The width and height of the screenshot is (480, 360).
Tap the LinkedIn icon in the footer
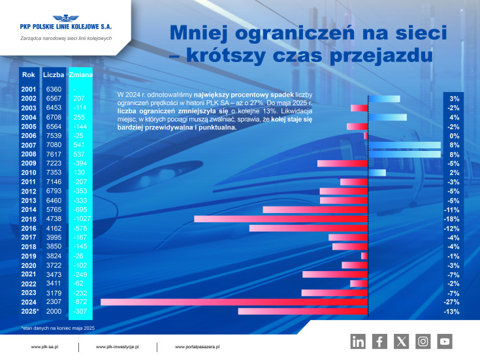[x=358, y=340]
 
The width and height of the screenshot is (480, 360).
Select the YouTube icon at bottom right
[x=445, y=340]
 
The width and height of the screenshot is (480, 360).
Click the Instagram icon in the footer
[x=423, y=340]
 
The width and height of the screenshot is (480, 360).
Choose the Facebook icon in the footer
[x=379, y=340]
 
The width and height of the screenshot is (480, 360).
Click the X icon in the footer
[x=401, y=340]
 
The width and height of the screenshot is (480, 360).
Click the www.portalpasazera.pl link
[x=197, y=347]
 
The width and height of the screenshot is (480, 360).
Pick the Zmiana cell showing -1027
[x=82, y=219]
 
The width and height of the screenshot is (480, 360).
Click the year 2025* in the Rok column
[x=29, y=312]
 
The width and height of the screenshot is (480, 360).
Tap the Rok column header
[x=29, y=75]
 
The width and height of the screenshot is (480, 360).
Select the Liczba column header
[x=54, y=75]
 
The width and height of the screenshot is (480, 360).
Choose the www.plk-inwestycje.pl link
[x=118, y=347]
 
